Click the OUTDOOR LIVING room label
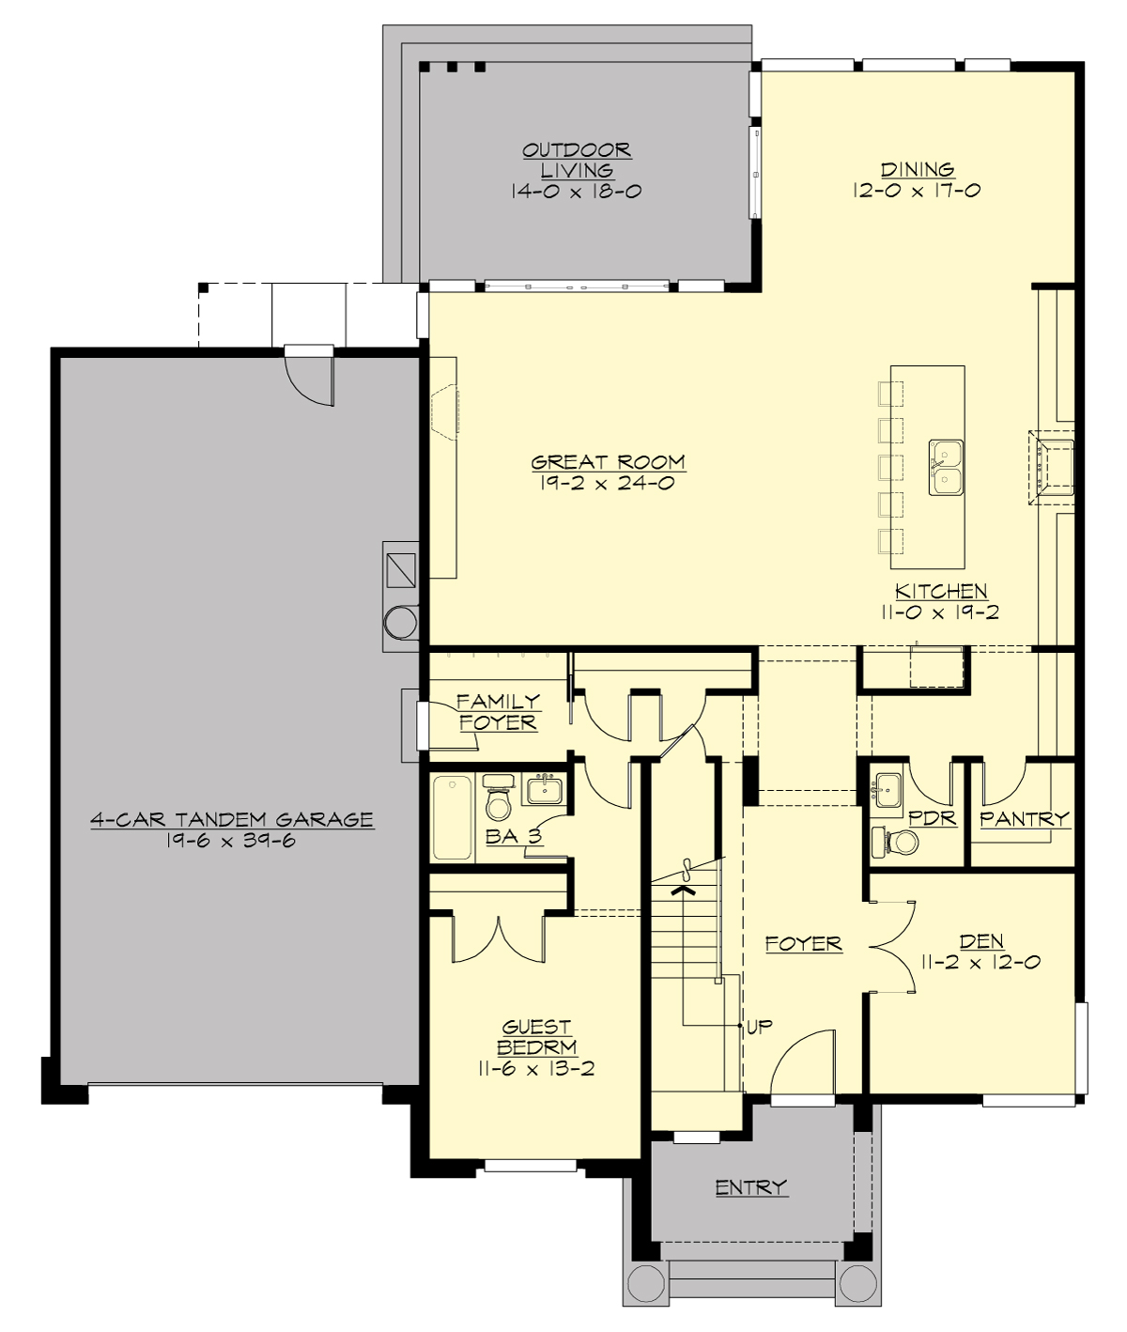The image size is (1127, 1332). tap(576, 160)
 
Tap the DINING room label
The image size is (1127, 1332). tap(917, 170)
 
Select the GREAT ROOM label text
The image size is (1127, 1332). tap(608, 462)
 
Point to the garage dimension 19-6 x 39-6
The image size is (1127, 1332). tap(231, 841)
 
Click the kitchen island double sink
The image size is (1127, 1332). tap(947, 467)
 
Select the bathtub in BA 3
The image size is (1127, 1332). tap(453, 816)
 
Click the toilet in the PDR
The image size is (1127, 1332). tap(899, 841)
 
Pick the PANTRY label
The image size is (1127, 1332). tap(1024, 819)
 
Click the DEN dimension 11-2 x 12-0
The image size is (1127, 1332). tap(981, 962)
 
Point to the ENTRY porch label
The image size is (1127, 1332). tap(750, 1187)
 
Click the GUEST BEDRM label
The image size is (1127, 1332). tap(536, 1037)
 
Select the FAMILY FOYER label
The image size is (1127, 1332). tap(498, 712)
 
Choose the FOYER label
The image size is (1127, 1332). tap(803, 944)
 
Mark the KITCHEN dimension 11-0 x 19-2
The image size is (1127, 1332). tap(940, 612)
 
